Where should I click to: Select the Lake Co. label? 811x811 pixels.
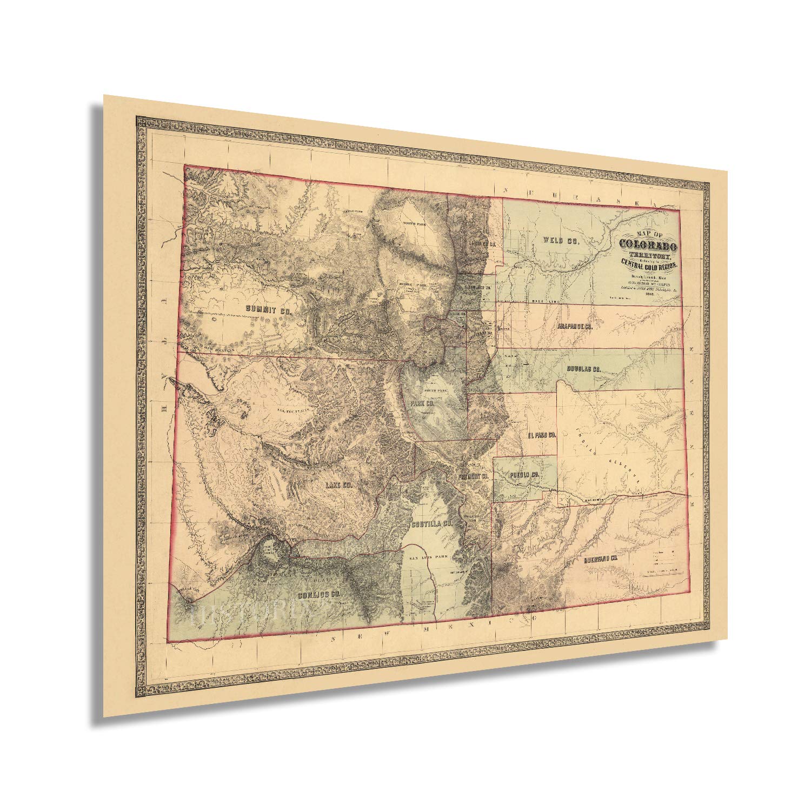coord(338,486)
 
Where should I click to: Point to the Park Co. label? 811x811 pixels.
coord(423,403)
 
